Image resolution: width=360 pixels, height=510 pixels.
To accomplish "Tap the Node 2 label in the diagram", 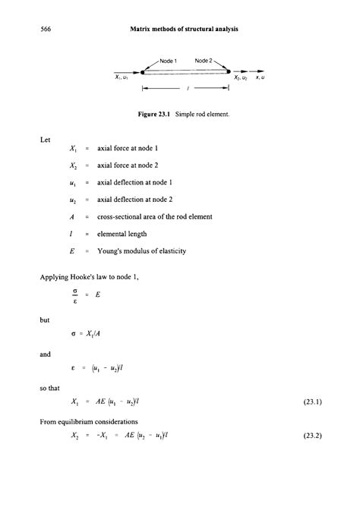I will tap(205, 60).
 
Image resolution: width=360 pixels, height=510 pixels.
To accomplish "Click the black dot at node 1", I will tap(144, 72).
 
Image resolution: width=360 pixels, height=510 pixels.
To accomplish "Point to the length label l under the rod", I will tap(186, 88).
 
